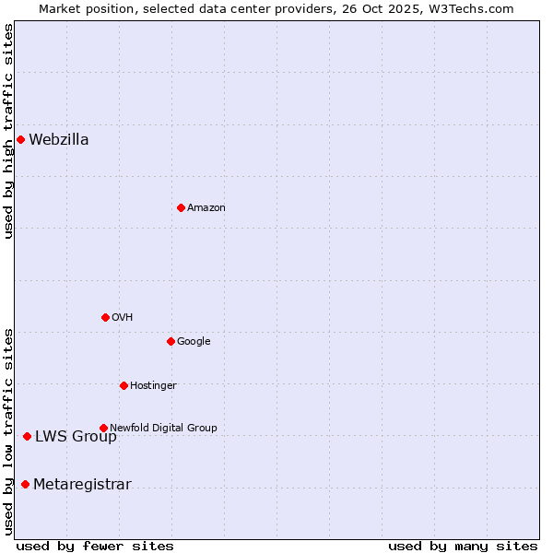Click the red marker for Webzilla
pos(20,139)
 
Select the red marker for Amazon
pos(181,207)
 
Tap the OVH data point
pos(105,317)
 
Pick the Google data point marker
pos(171,341)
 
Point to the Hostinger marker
pos(124,385)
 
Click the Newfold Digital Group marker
pos(103,428)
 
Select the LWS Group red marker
pos(27,436)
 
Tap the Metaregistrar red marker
pos(25,485)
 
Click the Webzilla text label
pos(59,140)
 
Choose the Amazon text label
pos(206,208)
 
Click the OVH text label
pos(123,318)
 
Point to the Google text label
pos(194,342)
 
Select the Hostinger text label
pos(153,386)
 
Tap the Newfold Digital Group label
pos(163,429)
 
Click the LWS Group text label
pos(76,437)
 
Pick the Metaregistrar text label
pos(82,486)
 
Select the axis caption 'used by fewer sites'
pos(95,547)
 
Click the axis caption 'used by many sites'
pos(463,547)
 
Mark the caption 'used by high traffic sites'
pos(8,131)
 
